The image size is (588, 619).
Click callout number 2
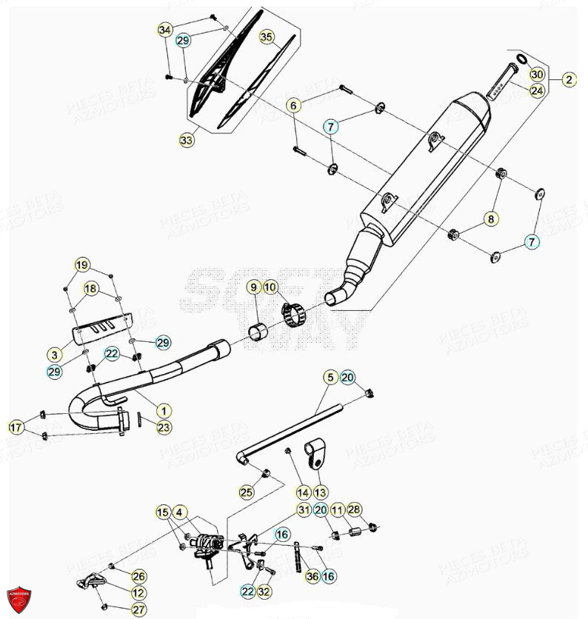[568, 80]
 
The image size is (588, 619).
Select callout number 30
[537, 75]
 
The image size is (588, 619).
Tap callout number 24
[537, 90]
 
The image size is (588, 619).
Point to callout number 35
[267, 37]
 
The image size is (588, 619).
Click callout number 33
[187, 138]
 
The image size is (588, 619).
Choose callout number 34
[164, 30]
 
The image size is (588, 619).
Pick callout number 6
[293, 106]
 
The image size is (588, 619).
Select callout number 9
[253, 287]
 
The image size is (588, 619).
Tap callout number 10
[270, 287]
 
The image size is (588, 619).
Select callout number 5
[330, 378]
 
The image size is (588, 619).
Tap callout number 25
[246, 491]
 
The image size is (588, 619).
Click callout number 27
[138, 609]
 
